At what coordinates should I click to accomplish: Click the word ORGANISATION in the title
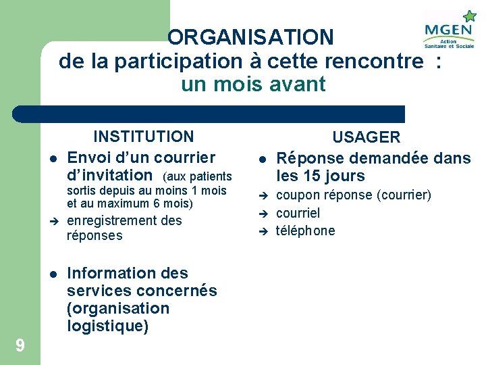250,37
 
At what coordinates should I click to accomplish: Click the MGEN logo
449,30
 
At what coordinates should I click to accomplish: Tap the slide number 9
20,346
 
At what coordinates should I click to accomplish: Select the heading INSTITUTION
143,137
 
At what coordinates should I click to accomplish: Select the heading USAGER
367,137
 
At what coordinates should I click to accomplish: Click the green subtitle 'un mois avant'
253,84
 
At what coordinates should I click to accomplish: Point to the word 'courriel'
298,213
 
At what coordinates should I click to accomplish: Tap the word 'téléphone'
305,231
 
